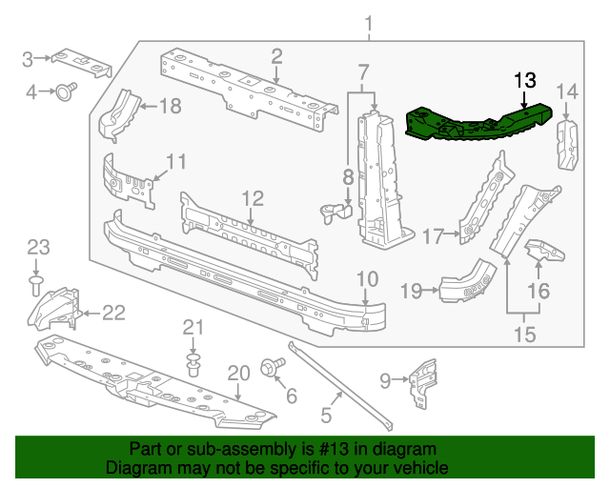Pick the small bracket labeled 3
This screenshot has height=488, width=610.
pyautogui.click(x=82, y=62)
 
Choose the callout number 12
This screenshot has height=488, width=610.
pyautogui.click(x=252, y=198)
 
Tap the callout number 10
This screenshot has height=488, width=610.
pyautogui.click(x=367, y=278)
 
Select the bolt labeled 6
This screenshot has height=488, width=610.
pyautogui.click(x=268, y=366)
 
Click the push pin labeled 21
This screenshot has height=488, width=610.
pyautogui.click(x=194, y=364)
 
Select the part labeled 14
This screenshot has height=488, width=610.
pyautogui.click(x=568, y=145)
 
